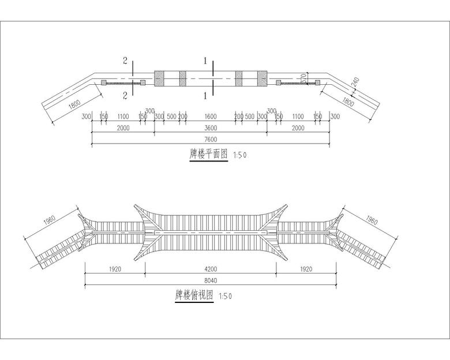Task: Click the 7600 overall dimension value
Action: (211, 140)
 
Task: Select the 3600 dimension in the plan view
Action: (211, 128)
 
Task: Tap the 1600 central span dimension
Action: (211, 117)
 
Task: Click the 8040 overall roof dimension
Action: (211, 280)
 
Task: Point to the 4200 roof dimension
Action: (211, 269)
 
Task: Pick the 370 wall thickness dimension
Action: (303, 78)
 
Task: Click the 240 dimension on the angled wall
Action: (355, 82)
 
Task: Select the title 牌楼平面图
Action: (209, 155)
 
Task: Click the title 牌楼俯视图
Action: (194, 295)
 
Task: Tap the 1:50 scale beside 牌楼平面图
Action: (240, 155)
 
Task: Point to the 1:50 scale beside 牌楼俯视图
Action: (225, 296)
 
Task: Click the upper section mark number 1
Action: (205, 61)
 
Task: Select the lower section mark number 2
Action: (125, 95)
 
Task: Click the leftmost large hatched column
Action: (159, 78)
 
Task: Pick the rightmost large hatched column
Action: (262, 78)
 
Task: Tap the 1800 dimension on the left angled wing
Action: (75, 104)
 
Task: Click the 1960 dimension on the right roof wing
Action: (372, 220)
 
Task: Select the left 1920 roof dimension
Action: (115, 269)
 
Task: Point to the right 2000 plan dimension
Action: (298, 128)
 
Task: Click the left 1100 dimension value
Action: (123, 117)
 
